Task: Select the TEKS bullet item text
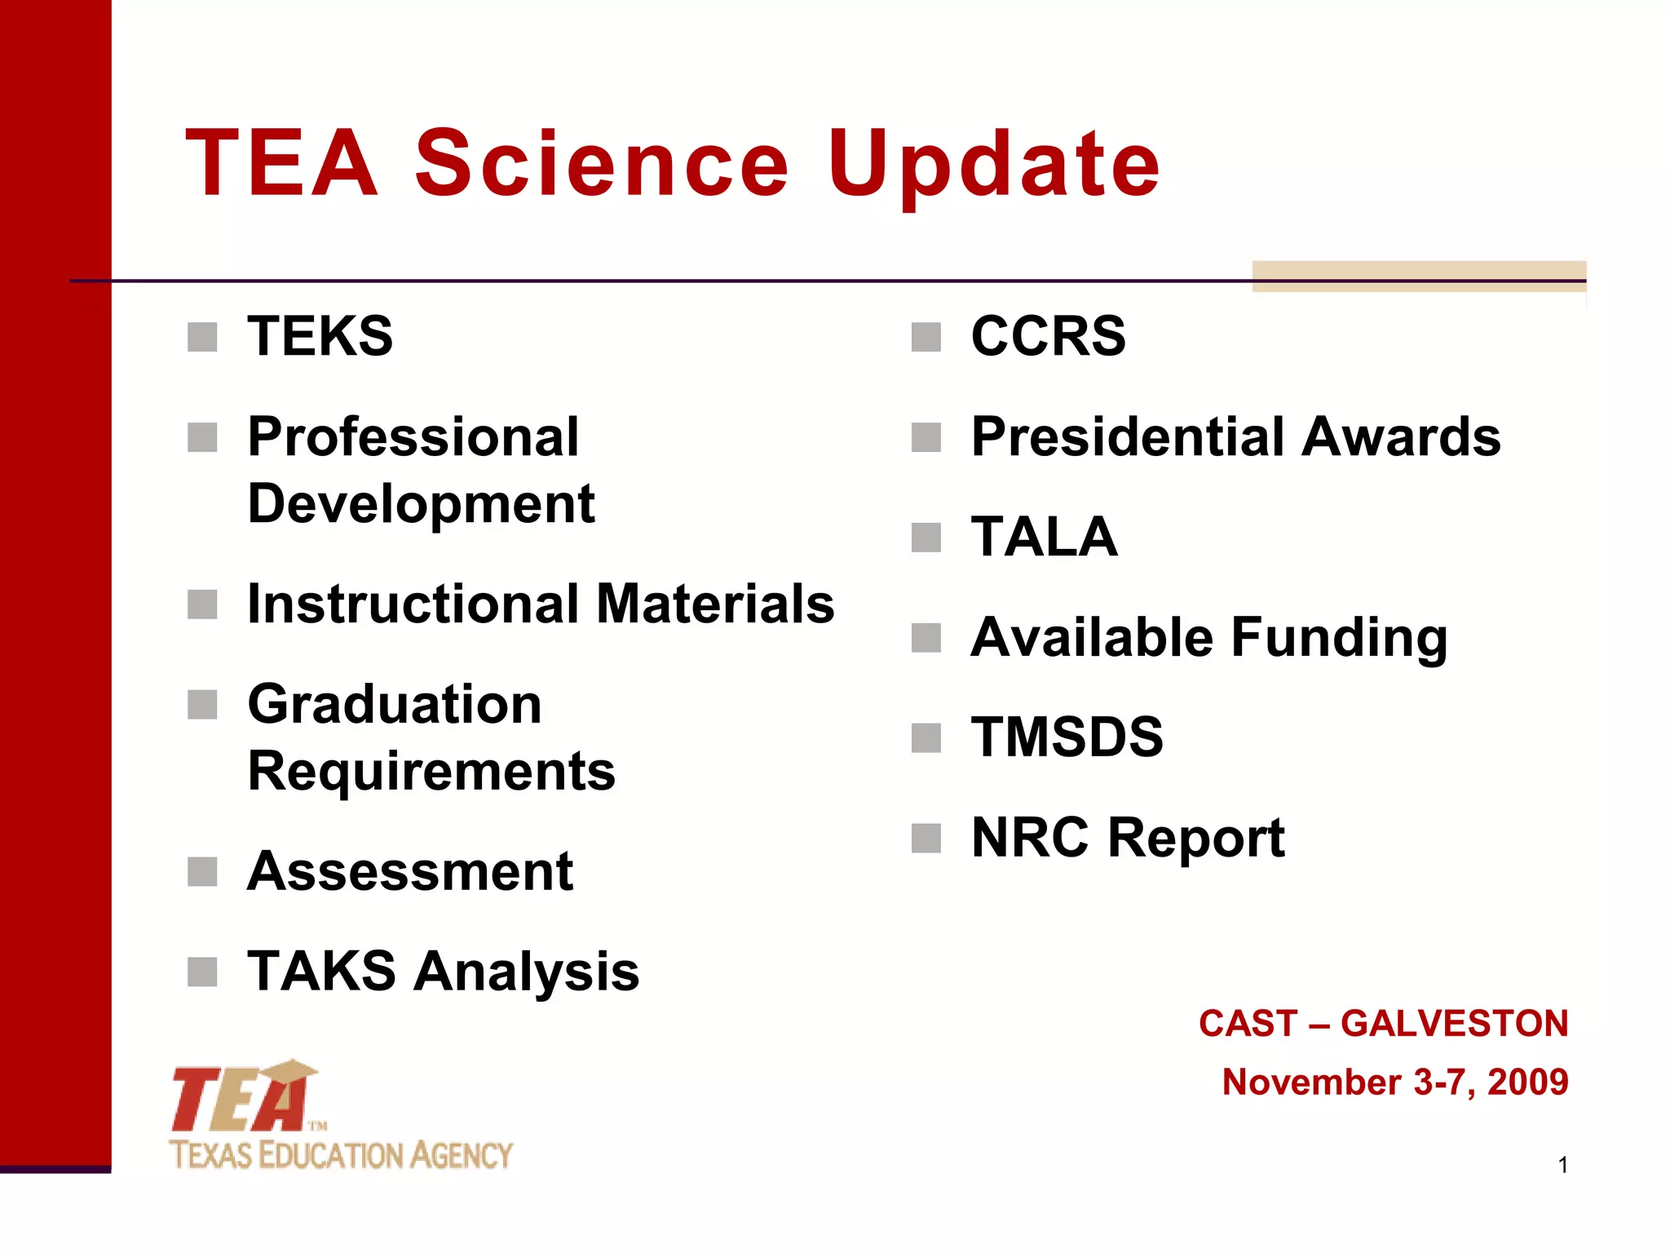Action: pyautogui.click(x=320, y=336)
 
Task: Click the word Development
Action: pyautogui.click(x=421, y=504)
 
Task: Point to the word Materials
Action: pyautogui.click(x=715, y=604)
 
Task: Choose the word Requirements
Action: pyautogui.click(x=431, y=771)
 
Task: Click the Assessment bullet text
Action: pyautogui.click(x=409, y=871)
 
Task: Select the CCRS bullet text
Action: pyautogui.click(x=1048, y=336)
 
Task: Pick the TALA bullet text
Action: pyautogui.click(x=1044, y=538)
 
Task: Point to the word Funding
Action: pyautogui.click(x=1339, y=638)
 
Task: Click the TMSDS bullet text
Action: pyautogui.click(x=1067, y=737)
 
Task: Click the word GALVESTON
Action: pyautogui.click(x=1454, y=1024)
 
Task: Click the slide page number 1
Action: pyautogui.click(x=1562, y=1166)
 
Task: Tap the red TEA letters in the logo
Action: pyautogui.click(x=241, y=1100)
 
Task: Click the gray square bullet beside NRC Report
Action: pyautogui.click(x=926, y=838)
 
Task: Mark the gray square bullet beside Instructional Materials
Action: pyautogui.click(x=202, y=604)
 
